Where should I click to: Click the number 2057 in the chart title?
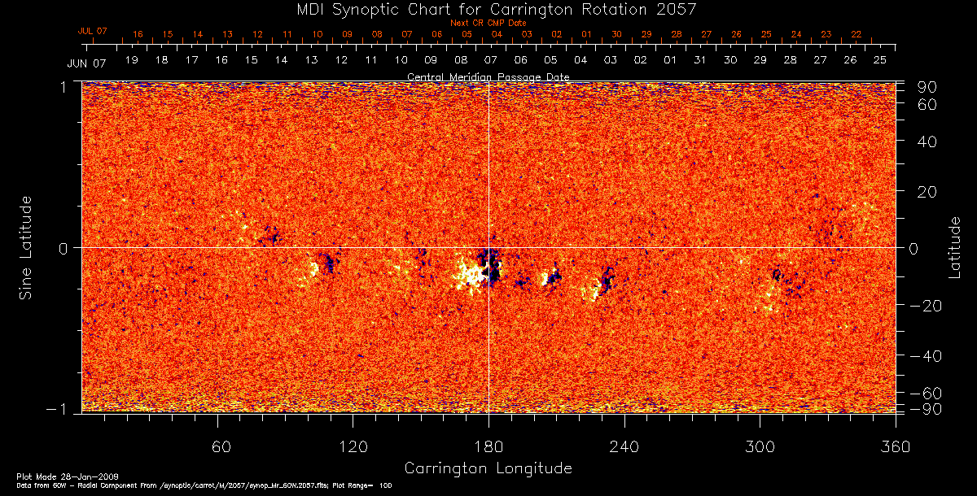click(x=677, y=9)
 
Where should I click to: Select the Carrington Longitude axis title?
click(x=488, y=468)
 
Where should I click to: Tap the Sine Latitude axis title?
click(x=27, y=248)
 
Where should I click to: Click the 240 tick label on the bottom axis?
click(x=624, y=446)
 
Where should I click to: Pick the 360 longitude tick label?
click(x=895, y=446)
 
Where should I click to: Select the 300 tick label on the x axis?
click(x=760, y=446)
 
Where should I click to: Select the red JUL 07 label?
click(x=92, y=31)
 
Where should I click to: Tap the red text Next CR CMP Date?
click(x=488, y=23)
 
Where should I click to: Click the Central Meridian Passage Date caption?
click(x=488, y=76)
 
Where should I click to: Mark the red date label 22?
click(x=856, y=35)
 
